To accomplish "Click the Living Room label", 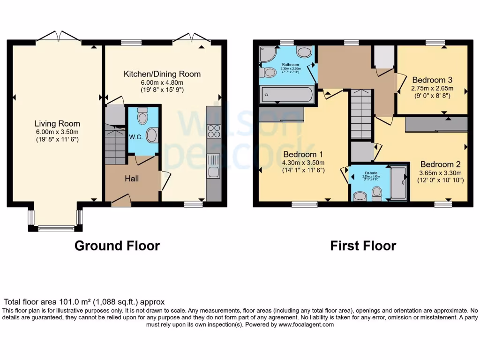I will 57,124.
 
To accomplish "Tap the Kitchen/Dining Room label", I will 162,74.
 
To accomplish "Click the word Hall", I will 132,179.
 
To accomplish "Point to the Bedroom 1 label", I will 301,154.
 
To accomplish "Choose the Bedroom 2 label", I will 440,165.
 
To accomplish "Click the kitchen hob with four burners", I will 214,130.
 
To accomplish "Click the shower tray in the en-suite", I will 399,183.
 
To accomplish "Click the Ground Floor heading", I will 117,246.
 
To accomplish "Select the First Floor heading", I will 363,246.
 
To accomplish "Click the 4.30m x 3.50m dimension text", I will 301,163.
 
